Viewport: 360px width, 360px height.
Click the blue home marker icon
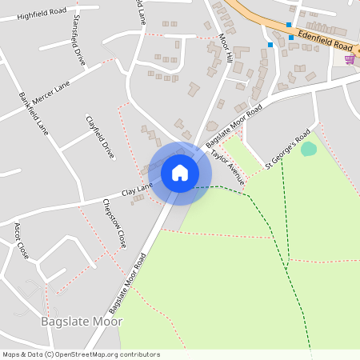pyautogui.click(x=180, y=172)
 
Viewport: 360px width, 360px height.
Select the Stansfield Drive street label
pyautogui.click(x=78, y=39)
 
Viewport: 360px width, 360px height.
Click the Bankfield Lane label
pyautogui.click(x=34, y=114)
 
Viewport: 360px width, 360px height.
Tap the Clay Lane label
pyautogui.click(x=137, y=190)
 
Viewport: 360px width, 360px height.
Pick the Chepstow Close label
pyautogui.click(x=114, y=223)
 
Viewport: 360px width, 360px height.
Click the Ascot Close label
pyautogui.click(x=21, y=241)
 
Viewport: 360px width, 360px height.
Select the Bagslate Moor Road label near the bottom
pyautogui.click(x=128, y=282)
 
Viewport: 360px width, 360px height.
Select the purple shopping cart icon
pyautogui.click(x=350, y=59)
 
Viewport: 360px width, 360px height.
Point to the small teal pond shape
pyautogui.click(x=308, y=149)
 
